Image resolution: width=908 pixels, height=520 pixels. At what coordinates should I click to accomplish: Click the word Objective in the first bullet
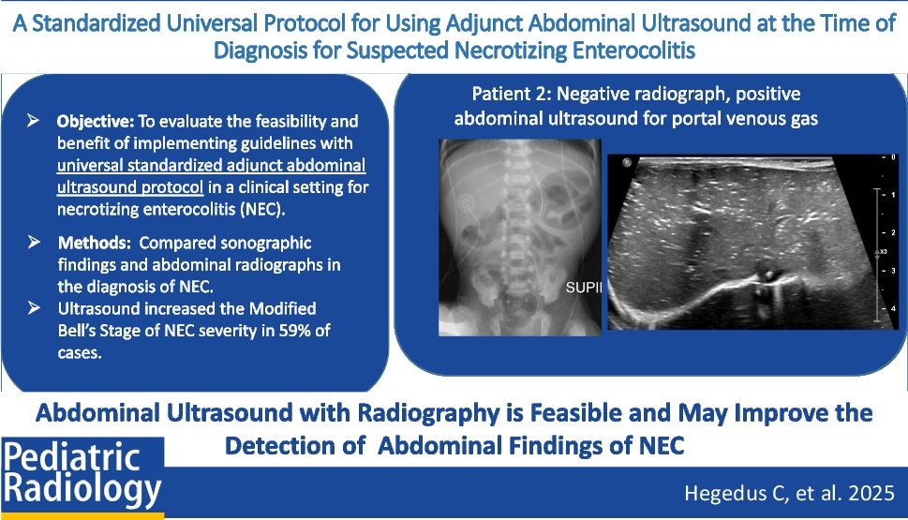(95, 122)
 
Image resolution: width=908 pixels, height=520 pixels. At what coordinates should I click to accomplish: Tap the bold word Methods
(94, 243)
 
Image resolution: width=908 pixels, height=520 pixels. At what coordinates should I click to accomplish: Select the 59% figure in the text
(295, 331)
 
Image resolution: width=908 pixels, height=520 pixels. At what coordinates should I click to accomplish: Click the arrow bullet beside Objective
(33, 121)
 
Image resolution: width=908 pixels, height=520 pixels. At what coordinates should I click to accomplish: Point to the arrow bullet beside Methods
(34, 242)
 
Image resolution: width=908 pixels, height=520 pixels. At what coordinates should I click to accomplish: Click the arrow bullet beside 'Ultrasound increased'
(34, 307)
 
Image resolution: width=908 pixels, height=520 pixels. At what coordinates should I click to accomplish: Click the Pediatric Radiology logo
(82, 477)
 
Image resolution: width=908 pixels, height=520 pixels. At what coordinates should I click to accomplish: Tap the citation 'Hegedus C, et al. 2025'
(789, 494)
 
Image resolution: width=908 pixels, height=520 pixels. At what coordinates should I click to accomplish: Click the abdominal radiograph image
(519, 237)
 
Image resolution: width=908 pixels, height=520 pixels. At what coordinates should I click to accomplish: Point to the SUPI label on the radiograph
(584, 288)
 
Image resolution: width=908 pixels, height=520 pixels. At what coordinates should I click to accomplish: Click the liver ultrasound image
(752, 242)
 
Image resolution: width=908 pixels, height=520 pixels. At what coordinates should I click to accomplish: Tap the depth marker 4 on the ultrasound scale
(893, 308)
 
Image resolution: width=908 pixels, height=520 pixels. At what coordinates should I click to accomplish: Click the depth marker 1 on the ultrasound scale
(893, 195)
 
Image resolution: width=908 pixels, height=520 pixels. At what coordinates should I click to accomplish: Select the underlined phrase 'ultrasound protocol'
(130, 187)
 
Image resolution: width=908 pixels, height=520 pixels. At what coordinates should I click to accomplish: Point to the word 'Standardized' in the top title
(97, 23)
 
